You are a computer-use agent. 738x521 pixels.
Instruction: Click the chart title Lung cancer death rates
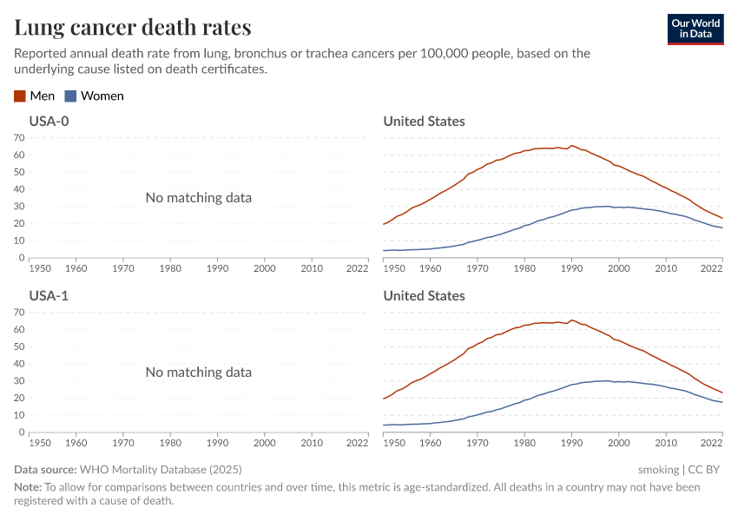coord(133,27)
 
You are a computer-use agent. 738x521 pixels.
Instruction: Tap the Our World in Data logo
coord(695,28)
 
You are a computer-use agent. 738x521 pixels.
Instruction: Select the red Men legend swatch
coord(20,96)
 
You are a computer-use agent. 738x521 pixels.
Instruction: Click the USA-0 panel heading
coord(49,122)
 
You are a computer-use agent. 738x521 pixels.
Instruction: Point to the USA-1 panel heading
coord(49,296)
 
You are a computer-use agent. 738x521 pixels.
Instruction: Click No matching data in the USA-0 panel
coord(199,198)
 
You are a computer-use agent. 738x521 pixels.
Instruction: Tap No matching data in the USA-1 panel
coord(199,373)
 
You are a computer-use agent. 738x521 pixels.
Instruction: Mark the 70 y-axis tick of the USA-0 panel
coord(19,137)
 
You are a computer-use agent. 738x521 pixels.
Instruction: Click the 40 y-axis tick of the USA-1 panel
coord(19,364)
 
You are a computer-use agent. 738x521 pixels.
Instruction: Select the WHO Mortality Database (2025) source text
coord(161,469)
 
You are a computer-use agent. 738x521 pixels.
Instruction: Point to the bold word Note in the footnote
coord(28,487)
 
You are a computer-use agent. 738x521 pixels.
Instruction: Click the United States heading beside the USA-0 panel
coord(424,122)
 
